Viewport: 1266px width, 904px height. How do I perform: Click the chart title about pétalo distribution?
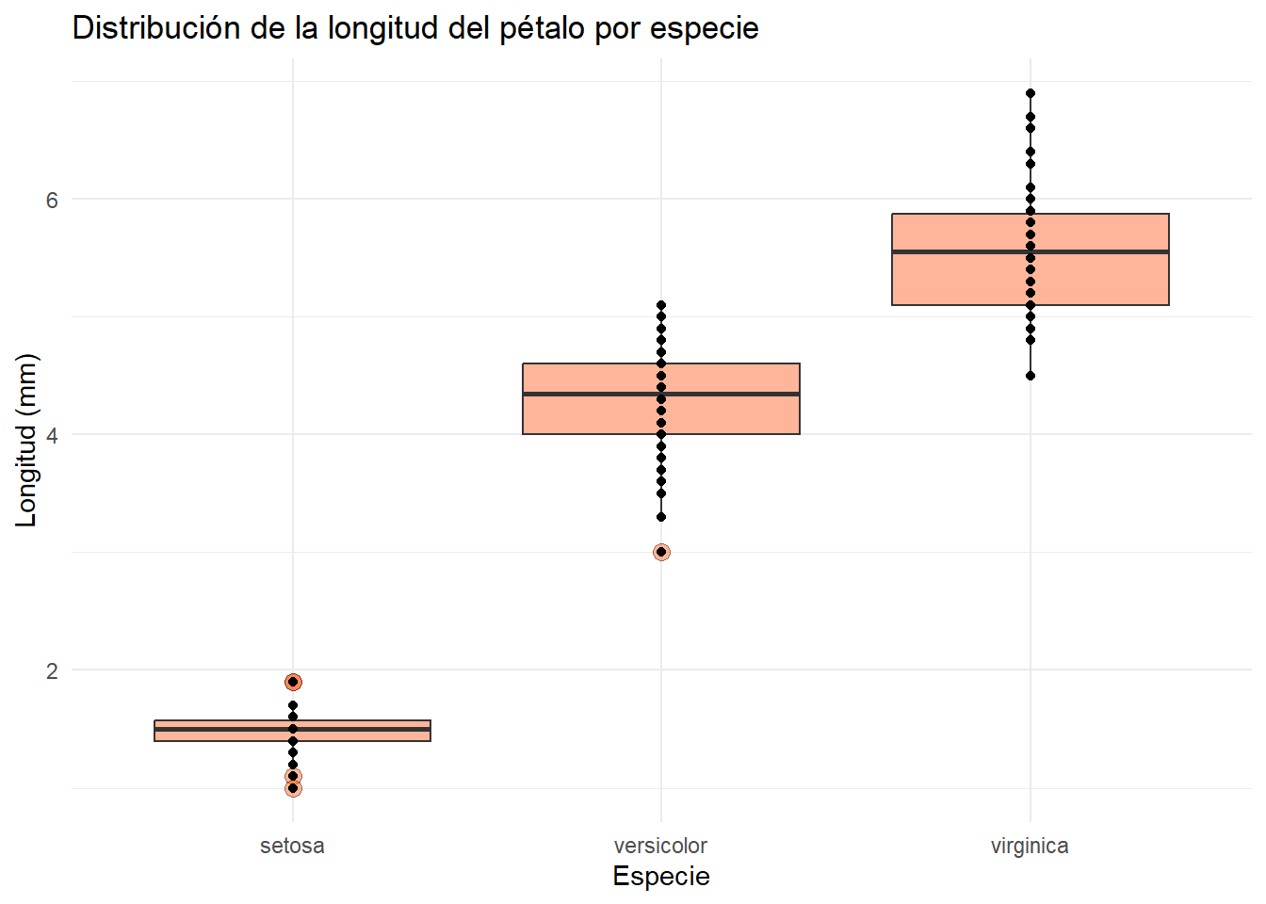click(414, 28)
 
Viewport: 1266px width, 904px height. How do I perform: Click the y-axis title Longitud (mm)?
click(26, 440)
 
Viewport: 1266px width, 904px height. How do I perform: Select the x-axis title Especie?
click(661, 876)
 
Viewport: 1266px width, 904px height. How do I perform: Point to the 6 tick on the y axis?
click(52, 200)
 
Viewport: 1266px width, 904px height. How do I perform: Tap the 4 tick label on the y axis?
click(52, 435)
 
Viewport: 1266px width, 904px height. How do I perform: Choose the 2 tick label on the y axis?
click(52, 670)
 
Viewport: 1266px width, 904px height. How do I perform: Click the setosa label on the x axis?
click(292, 846)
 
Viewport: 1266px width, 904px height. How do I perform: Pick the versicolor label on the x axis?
click(660, 846)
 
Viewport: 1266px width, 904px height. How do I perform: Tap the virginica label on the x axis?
click(1030, 846)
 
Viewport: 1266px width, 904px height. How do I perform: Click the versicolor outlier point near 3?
click(661, 552)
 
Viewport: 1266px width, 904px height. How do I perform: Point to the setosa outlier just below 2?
click(293, 682)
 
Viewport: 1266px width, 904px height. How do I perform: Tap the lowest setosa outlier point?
click(293, 788)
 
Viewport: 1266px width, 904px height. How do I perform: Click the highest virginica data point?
click(1031, 93)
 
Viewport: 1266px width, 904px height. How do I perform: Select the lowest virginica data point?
click(1031, 376)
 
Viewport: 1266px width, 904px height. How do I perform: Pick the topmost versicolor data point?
click(661, 305)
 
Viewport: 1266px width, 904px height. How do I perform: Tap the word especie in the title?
click(704, 28)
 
